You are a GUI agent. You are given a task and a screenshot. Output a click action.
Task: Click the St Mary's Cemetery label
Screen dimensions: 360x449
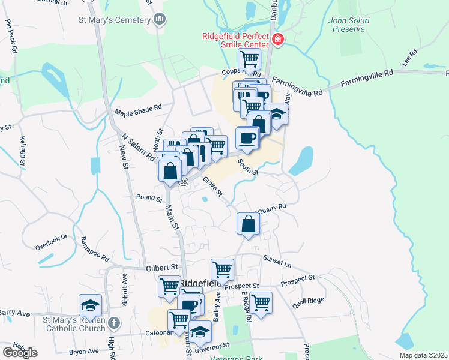(113, 20)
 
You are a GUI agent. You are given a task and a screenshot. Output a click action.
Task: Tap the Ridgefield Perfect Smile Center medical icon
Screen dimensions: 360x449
(278, 40)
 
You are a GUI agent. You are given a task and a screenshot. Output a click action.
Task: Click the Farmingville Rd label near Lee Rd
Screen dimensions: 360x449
(367, 78)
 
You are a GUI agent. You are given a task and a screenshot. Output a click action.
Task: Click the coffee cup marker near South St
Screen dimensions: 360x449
(247, 139)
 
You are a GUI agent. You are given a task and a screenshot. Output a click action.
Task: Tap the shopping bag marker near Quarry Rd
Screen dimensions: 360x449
(248, 225)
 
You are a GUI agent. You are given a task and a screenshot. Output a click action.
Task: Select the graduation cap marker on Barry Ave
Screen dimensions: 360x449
(90, 306)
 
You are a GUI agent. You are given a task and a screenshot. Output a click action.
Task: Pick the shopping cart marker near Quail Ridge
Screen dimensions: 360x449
(261, 303)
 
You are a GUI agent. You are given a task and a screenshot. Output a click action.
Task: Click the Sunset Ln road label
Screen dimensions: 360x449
(277, 260)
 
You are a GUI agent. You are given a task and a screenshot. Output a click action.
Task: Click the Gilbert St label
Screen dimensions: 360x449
(162, 266)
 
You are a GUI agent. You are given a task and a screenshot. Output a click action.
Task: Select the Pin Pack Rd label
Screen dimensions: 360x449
(10, 35)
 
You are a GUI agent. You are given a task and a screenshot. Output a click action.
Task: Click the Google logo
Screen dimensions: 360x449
(20, 353)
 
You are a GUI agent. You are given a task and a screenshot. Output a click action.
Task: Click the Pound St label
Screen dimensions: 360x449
(149, 198)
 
